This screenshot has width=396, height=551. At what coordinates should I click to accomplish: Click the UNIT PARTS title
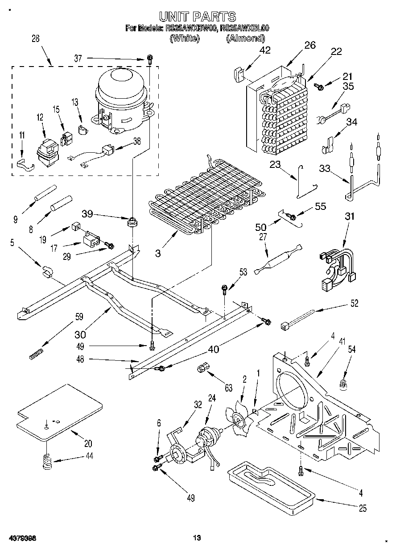tap(198, 17)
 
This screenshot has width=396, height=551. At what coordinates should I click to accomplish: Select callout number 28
tap(36, 38)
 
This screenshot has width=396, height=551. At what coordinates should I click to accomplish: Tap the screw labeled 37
tap(150, 58)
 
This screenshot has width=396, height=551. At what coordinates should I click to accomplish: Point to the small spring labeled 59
tap(36, 354)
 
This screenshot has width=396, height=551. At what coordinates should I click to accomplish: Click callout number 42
tap(265, 50)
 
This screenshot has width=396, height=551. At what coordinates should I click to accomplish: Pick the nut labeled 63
tap(202, 368)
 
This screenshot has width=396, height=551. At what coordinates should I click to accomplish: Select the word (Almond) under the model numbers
tap(245, 38)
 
